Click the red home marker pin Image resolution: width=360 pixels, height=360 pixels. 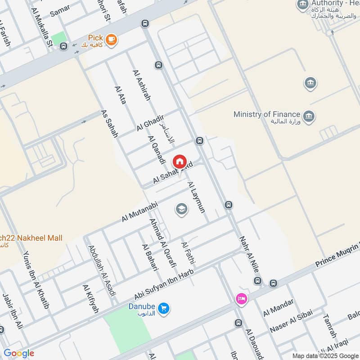click(x=179, y=161)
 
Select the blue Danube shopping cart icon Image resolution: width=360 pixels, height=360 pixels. click(x=164, y=308)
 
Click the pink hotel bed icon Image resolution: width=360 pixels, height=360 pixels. click(x=241, y=299)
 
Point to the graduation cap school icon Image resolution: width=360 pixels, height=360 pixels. click(x=181, y=209)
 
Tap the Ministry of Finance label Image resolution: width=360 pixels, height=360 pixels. click(x=267, y=114)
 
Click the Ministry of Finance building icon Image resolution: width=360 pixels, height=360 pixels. click(x=309, y=116)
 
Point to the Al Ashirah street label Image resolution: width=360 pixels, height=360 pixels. click(x=141, y=85)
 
